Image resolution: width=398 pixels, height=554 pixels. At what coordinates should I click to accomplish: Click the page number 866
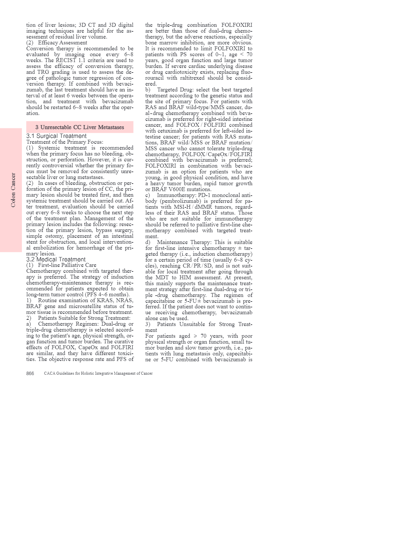(30, 373)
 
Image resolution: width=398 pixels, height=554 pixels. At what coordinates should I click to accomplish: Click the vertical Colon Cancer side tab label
(13, 190)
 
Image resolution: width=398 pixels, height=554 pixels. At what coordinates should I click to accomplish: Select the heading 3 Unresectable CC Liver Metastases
(80, 127)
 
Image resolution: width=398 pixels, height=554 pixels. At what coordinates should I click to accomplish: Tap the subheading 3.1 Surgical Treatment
(57, 136)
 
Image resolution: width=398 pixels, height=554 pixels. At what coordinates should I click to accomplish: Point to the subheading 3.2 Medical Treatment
(56, 259)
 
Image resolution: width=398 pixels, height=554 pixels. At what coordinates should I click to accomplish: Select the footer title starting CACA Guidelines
(98, 373)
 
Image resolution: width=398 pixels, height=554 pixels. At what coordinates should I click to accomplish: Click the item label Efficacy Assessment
(62, 42)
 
